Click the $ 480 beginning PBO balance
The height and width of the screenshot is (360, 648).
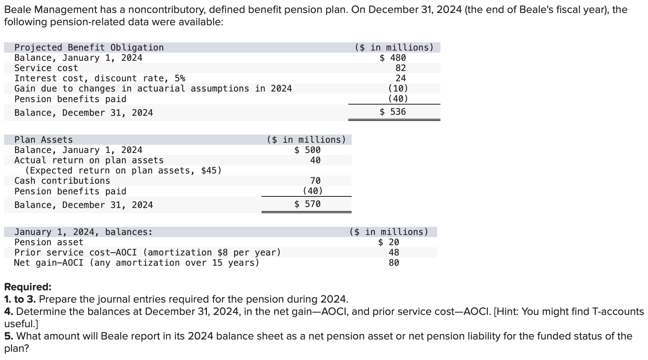point(393,58)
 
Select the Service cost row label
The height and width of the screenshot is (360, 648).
point(46,68)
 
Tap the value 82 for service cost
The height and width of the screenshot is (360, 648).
point(400,68)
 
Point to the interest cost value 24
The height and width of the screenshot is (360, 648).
point(400,78)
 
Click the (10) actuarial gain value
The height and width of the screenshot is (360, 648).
point(398,88)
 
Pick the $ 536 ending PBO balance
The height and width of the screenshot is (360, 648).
point(393,112)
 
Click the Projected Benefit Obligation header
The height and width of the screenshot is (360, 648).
point(89,47)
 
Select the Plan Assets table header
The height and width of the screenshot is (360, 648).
point(43,140)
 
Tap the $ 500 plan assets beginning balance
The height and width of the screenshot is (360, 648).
point(308,150)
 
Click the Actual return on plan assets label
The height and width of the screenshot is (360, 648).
point(89,160)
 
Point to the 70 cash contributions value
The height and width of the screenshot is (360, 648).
point(315,181)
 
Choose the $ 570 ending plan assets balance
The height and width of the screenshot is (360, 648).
point(308,204)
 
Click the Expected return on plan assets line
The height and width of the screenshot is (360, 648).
point(123,170)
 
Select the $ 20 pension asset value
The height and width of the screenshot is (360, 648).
point(389,242)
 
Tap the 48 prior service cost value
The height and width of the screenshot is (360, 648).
point(394,252)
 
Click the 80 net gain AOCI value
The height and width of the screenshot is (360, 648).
point(394,263)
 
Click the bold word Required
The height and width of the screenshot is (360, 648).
point(28,287)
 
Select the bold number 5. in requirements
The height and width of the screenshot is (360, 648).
point(9,336)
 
